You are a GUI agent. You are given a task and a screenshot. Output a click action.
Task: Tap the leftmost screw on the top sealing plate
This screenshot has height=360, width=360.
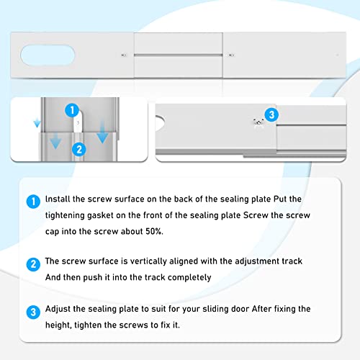click(125, 55)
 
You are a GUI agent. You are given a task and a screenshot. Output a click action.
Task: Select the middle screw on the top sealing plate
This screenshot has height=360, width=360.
click(230, 55)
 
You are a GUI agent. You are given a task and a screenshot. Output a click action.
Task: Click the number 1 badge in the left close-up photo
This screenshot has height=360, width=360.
click(71, 110)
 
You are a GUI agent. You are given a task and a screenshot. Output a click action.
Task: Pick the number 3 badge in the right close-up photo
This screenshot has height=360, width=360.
click(270, 114)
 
